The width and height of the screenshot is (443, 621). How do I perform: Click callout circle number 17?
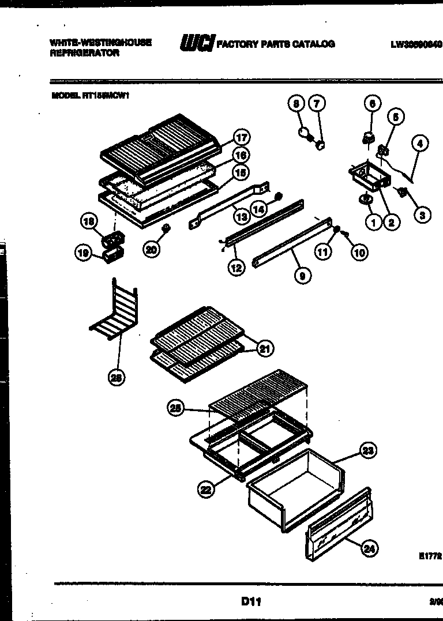[x=241, y=137]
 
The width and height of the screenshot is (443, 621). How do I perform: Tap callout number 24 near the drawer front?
[x=369, y=549]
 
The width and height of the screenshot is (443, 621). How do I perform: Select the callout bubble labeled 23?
[x=368, y=450]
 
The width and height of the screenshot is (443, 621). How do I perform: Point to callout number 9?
[x=301, y=276]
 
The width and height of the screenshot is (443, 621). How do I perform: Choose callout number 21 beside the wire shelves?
[x=265, y=348]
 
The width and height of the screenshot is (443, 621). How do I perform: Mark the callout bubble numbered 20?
[x=151, y=250]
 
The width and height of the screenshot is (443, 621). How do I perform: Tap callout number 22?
[x=206, y=490]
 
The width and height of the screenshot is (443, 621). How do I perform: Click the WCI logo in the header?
[x=197, y=43]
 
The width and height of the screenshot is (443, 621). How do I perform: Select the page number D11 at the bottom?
[x=251, y=601]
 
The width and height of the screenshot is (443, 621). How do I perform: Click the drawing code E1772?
[x=430, y=556]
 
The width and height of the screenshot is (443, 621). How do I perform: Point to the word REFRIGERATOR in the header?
[x=84, y=53]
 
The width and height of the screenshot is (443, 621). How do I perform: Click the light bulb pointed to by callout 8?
[x=303, y=133]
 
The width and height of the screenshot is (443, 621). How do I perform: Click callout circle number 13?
[x=241, y=217]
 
